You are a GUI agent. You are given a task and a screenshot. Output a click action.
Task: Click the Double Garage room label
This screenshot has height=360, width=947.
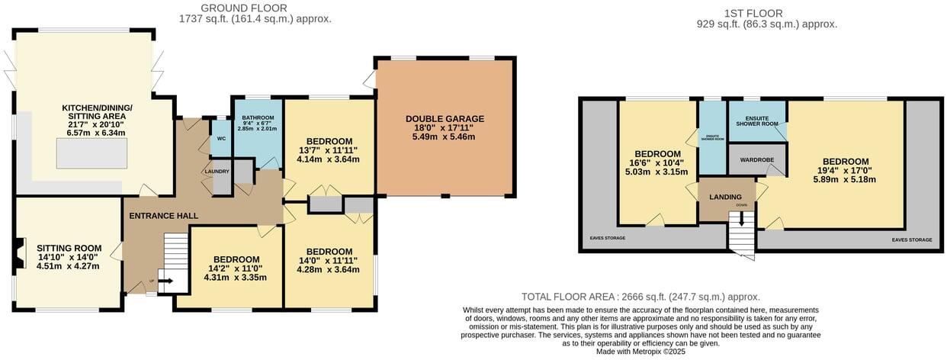pyautogui.click(x=445, y=119)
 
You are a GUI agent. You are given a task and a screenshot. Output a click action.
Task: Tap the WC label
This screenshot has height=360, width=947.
pyautogui.click(x=222, y=139)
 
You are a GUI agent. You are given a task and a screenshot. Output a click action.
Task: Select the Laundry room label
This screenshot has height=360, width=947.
pyautogui.click(x=217, y=172)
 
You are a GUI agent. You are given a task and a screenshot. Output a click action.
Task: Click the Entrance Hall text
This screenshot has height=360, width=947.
pyautogui.click(x=163, y=216)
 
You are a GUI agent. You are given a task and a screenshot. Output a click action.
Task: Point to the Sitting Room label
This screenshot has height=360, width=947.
pyautogui.click(x=69, y=248)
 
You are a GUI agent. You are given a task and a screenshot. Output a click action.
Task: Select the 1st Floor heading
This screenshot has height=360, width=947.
pyautogui.click(x=766, y=13)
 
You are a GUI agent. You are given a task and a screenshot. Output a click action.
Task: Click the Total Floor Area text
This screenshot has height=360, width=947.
pyautogui.click(x=640, y=297)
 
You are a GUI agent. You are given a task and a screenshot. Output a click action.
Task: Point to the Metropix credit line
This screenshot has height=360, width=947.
pyautogui.click(x=640, y=352)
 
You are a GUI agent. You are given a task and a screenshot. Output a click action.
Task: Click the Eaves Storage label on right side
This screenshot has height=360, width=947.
pyautogui.click(x=911, y=239)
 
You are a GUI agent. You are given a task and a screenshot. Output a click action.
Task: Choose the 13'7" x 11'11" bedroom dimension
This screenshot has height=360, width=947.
pyautogui.click(x=329, y=150)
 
